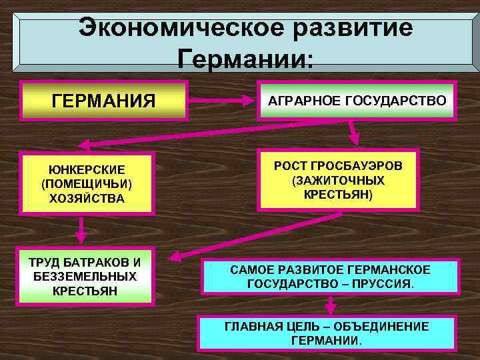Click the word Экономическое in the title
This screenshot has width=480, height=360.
pos(172,28)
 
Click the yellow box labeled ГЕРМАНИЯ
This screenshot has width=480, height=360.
pos(103,101)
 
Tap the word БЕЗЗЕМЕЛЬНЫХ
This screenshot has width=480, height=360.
pos(86,276)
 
